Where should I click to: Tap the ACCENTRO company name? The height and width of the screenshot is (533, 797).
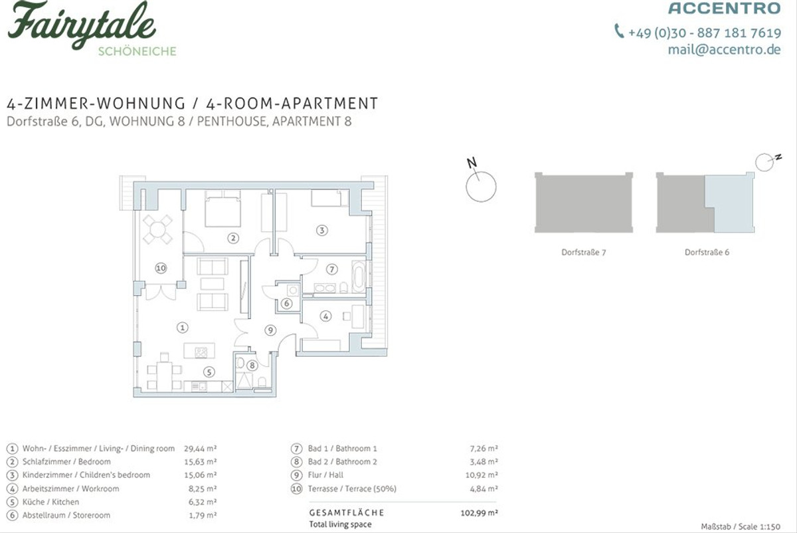pos(725,8)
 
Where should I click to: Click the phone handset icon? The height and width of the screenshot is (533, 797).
pos(619,31)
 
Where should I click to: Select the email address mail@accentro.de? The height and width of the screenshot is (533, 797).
pos(725,49)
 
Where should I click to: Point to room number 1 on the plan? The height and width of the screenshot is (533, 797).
pos(183,328)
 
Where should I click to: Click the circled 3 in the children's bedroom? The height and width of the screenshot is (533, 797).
pos(322,231)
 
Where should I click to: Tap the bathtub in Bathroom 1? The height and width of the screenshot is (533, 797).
pos(358,276)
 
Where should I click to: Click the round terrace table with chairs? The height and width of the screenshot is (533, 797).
pos(157,229)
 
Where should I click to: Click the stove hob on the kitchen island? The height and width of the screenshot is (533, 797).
pos(201,352)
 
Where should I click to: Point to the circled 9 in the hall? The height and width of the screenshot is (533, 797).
pos(270,330)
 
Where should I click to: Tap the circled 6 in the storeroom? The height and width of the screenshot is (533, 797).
pos(286,304)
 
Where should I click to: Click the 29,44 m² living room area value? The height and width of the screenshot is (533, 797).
pos(201,449)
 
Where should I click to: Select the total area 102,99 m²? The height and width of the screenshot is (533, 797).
pos(480,513)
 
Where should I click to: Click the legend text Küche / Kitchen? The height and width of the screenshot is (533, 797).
pos(51,502)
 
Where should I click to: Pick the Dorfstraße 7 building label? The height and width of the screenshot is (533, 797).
pos(584,253)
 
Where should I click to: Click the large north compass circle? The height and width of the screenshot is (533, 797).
pos(481,187)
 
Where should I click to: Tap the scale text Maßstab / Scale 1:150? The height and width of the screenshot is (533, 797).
pos(741,526)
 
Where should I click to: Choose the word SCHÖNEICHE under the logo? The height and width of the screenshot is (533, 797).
pos(137,52)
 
